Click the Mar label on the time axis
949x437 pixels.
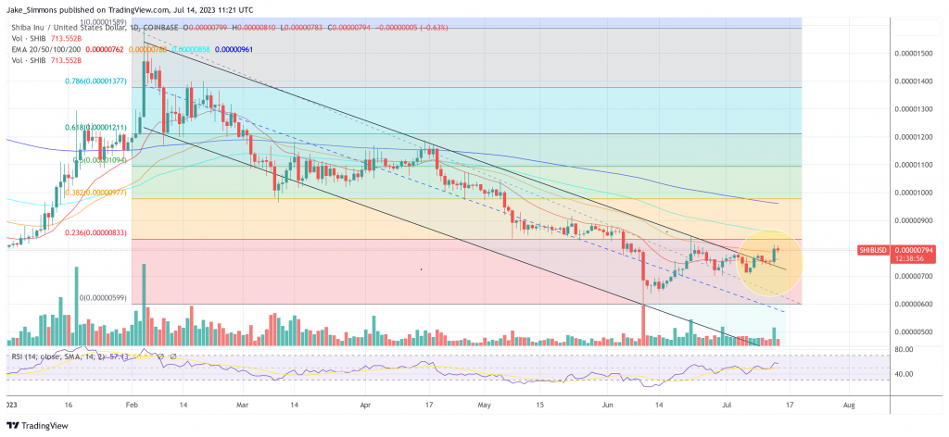coord(244,405)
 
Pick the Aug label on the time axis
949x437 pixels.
coord(847,405)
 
